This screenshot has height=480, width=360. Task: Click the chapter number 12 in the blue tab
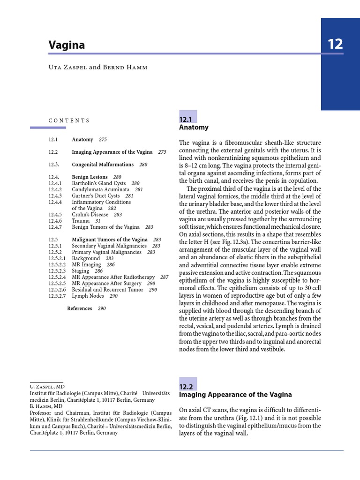[335, 45]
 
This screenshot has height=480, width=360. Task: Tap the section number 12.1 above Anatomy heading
[186, 120]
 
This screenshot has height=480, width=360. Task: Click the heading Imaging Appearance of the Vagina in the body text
[235, 395]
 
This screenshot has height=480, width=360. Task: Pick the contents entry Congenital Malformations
[103, 165]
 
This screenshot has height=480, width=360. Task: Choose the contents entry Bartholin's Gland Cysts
[99, 183]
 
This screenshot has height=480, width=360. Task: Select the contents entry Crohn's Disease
[90, 215]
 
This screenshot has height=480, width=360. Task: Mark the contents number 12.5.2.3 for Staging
[57, 271]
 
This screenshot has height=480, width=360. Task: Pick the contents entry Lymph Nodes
[88, 296]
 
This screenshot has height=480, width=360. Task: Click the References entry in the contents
[80, 308]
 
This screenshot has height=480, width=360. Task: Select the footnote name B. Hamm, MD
[45, 406]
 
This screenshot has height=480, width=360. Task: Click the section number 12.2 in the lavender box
[186, 387]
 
